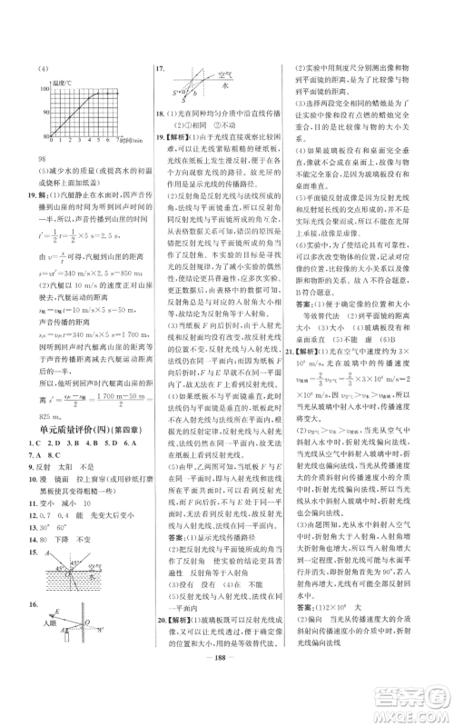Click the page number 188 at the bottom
(x=227, y=682)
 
